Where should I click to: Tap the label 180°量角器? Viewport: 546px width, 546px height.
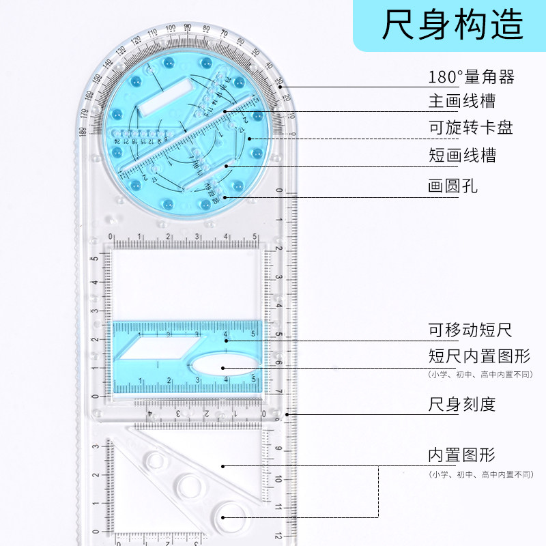pyautogui.click(x=471, y=76)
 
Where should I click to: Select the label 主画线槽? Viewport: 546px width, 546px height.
pyautogui.click(x=462, y=102)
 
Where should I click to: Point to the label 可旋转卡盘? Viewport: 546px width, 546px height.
pyautogui.click(x=470, y=128)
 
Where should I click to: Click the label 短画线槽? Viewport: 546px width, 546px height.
pyautogui.click(x=462, y=155)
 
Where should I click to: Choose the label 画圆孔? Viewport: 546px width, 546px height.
pyautogui.click(x=453, y=185)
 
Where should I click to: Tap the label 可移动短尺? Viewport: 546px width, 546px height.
pyautogui.click(x=470, y=331)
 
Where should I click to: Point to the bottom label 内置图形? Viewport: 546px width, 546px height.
pyautogui.click(x=462, y=455)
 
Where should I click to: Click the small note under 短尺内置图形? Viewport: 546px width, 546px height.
pyautogui.click(x=480, y=374)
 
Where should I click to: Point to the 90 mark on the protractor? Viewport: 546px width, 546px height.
pyautogui.click(x=187, y=27)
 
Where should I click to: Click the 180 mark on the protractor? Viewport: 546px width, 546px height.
pyautogui.click(x=83, y=131)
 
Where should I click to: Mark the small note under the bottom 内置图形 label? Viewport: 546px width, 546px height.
pyautogui.click(x=480, y=474)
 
